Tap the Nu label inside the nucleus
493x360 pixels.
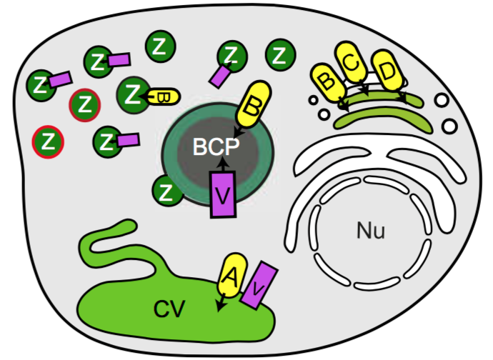(371, 231)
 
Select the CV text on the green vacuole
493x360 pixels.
(169, 309)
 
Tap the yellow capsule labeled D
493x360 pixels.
(387, 71)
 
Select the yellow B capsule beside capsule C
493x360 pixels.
(327, 81)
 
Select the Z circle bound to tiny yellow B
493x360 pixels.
(133, 93)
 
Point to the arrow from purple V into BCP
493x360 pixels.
(222, 164)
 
